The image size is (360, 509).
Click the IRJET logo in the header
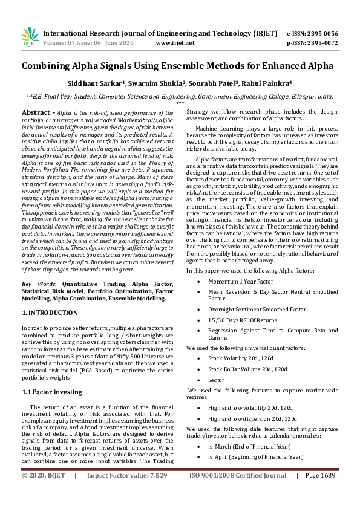pyautogui.click(x=29, y=38)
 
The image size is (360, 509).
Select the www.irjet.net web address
pyautogui.click(x=175, y=43)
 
